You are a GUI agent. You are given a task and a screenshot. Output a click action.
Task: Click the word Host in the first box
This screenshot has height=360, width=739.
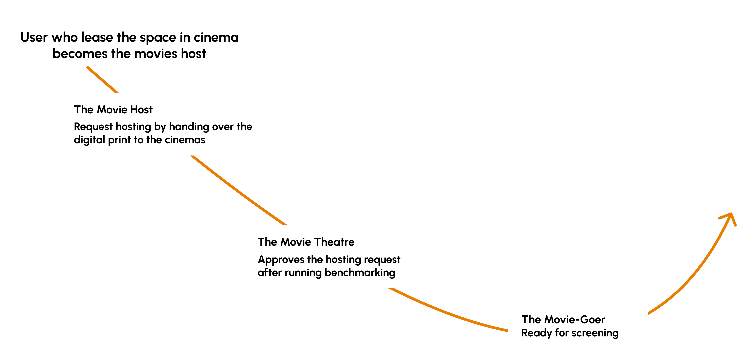(x=141, y=109)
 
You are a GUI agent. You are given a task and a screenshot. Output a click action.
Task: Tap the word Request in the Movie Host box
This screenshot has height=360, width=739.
(x=93, y=127)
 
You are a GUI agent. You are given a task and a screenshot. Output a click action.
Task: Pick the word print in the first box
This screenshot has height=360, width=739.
(x=119, y=140)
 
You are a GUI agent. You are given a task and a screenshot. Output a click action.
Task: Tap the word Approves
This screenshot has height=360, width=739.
(x=281, y=260)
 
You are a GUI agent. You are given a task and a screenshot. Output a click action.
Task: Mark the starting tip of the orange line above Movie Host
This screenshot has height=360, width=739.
(x=88, y=68)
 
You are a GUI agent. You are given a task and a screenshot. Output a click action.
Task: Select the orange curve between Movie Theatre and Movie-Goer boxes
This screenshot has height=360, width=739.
(x=447, y=313)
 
